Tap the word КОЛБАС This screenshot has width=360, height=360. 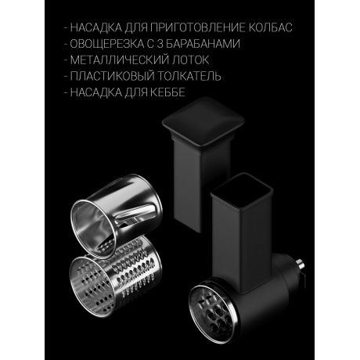pos(271,28)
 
